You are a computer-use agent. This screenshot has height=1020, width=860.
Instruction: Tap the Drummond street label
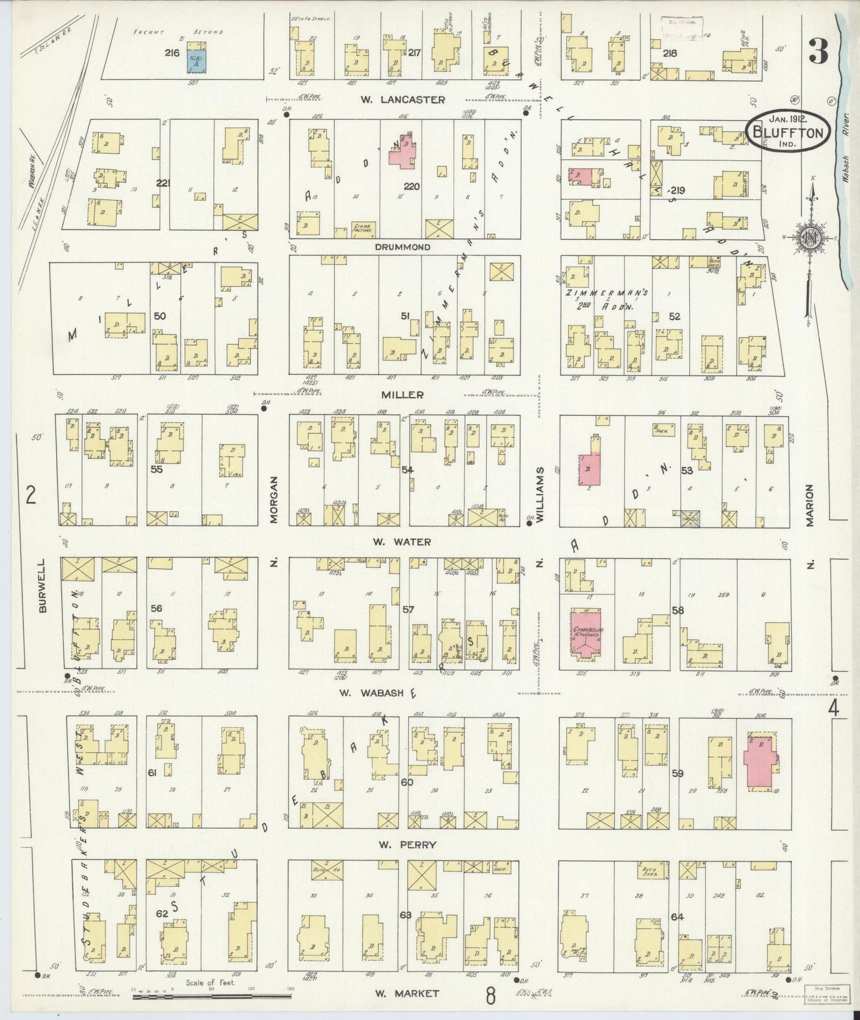click(x=402, y=246)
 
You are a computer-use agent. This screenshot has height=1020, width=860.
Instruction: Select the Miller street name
click(x=407, y=395)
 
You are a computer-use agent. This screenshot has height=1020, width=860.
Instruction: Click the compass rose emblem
click(x=811, y=237)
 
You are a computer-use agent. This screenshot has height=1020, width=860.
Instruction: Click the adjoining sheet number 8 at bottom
click(x=490, y=996)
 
